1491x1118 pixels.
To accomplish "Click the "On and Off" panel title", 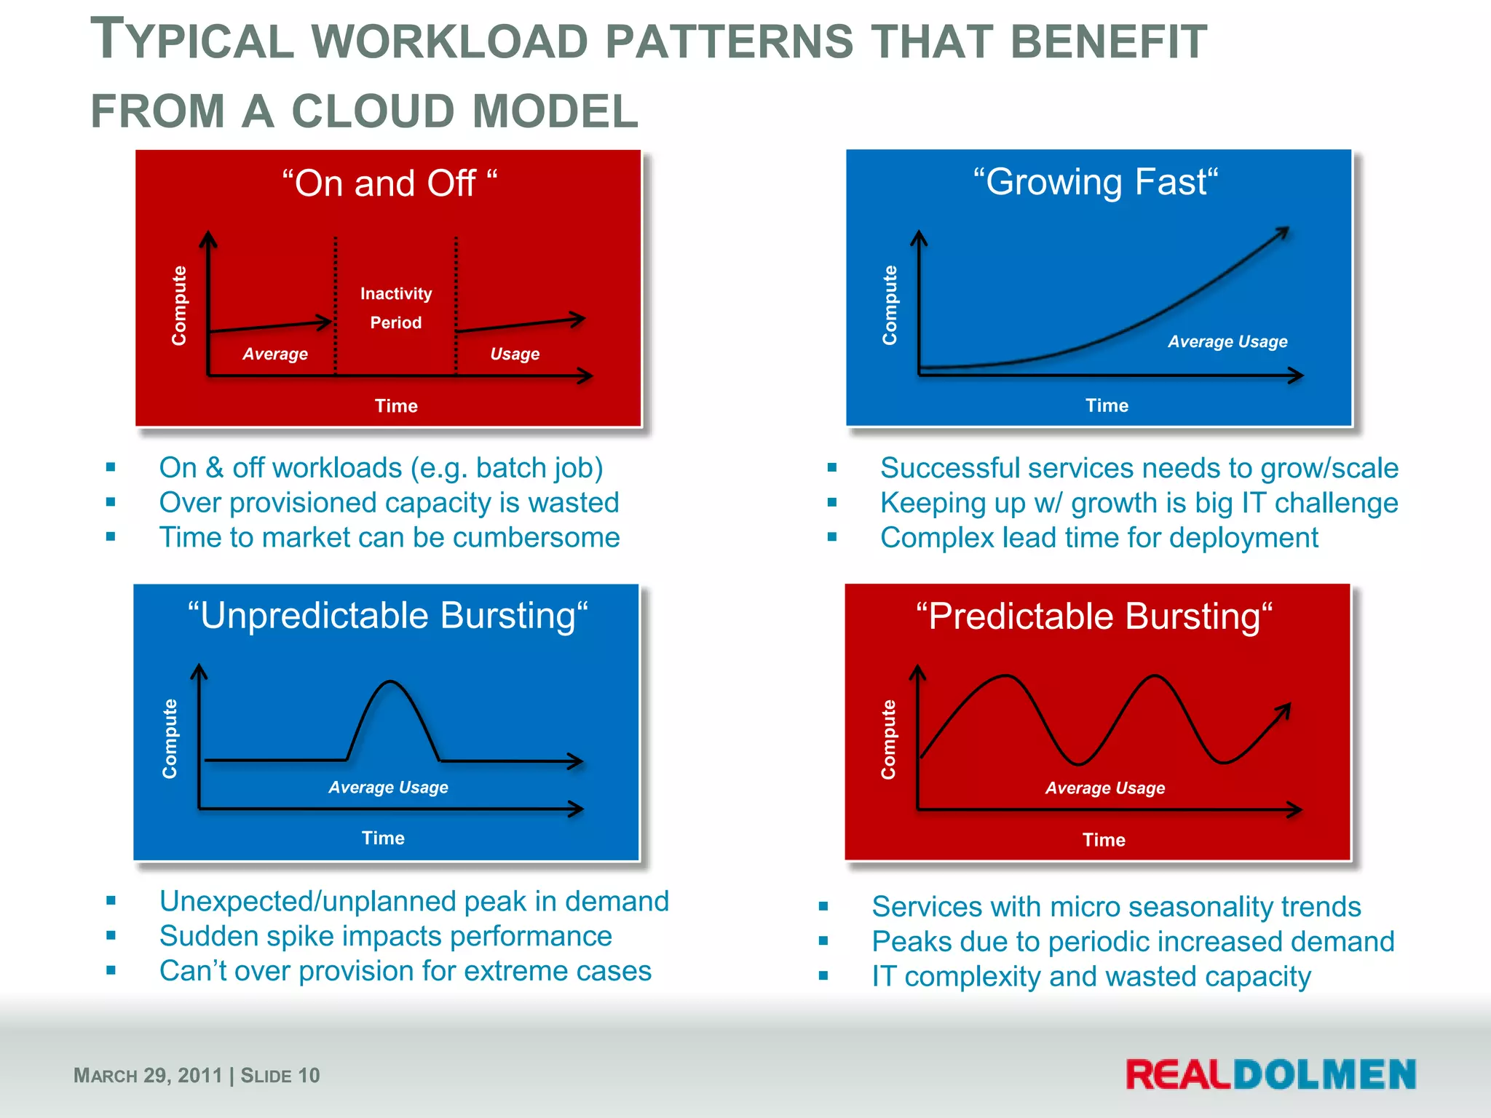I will (389, 183).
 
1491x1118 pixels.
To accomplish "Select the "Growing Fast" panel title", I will (1096, 181).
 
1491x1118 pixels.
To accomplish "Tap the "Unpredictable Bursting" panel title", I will (387, 616).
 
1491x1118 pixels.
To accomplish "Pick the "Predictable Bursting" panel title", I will (1094, 617).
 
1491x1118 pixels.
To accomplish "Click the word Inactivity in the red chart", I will (396, 293).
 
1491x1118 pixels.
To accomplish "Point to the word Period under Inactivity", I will (396, 322).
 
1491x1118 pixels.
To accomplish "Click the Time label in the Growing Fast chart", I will (1107, 405).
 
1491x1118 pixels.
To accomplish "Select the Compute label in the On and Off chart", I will (179, 305).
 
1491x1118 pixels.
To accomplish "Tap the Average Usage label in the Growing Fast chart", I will (1227, 341).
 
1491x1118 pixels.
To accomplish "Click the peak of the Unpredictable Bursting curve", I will (391, 682).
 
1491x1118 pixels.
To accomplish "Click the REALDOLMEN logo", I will (1270, 1074).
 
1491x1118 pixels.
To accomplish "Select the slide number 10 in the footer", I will (309, 1075).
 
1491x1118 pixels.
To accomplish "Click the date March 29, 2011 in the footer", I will (148, 1075).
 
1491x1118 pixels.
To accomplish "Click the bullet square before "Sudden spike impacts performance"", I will (111, 935).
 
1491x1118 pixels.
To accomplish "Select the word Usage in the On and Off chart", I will (515, 354).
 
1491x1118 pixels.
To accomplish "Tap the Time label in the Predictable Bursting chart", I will (1104, 840).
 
